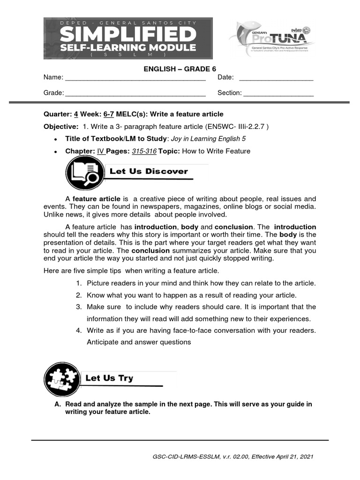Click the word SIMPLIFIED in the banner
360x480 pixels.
(128, 35)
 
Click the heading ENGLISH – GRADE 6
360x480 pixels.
(180, 69)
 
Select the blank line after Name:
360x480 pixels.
(135, 78)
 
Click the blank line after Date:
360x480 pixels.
(276, 78)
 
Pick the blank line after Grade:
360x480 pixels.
(135, 94)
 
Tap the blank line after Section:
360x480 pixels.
(278, 94)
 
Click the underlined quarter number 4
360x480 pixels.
(75, 114)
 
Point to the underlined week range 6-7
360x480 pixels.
(109, 114)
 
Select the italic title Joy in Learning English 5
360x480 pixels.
(208, 139)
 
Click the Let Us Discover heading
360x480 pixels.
(148, 172)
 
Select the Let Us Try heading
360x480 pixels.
(109, 378)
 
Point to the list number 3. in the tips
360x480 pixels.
(79, 307)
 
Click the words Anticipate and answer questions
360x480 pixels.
(139, 342)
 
